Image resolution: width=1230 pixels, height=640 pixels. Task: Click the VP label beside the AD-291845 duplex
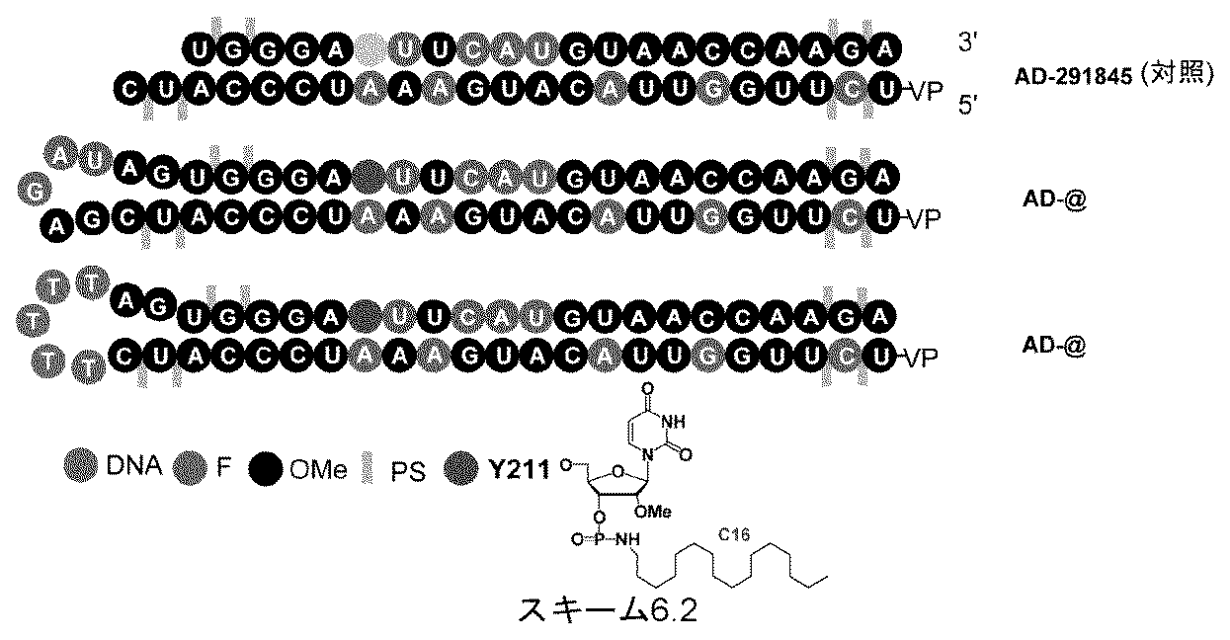tap(925, 90)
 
